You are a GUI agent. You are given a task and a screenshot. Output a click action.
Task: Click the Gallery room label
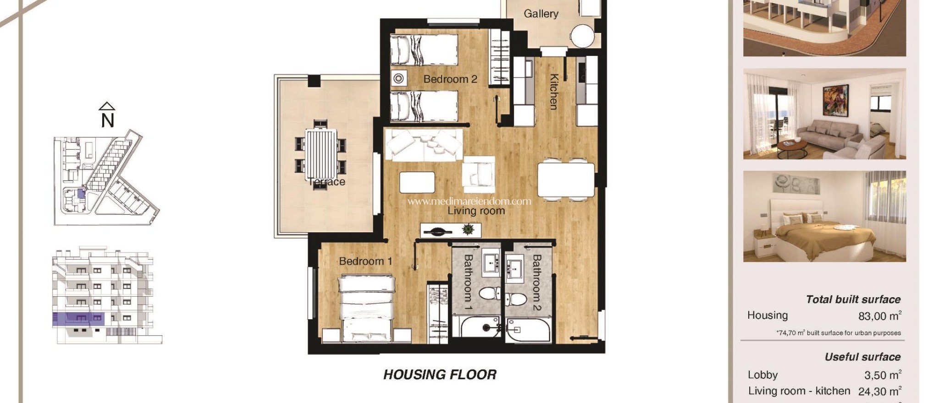(x=541, y=14)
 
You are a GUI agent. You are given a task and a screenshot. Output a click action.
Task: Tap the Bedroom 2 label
(x=450, y=79)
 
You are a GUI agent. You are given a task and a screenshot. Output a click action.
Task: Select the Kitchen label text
(x=554, y=92)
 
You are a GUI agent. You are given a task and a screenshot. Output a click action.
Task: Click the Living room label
(x=476, y=211)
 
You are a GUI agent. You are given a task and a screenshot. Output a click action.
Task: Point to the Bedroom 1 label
(x=365, y=261)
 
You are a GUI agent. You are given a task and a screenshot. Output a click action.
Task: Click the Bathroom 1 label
(x=468, y=282)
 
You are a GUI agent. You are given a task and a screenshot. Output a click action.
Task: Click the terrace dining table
(x=320, y=155)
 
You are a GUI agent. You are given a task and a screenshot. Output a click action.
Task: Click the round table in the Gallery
(x=583, y=35)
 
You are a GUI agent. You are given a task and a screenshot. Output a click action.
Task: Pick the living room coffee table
(x=417, y=182)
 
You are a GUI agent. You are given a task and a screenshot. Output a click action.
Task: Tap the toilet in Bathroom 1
(x=489, y=293)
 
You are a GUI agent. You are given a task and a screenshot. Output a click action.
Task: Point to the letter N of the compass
(x=107, y=120)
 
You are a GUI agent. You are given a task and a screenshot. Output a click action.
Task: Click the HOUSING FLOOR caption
(x=440, y=375)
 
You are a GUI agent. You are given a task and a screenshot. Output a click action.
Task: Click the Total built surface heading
(x=853, y=300)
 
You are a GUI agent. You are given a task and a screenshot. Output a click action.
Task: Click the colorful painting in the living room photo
(x=835, y=101)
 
